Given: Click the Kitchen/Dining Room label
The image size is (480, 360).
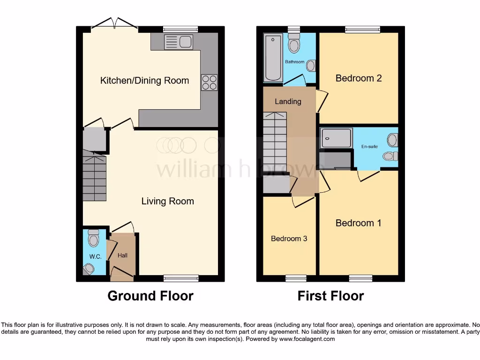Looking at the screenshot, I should click(144, 81).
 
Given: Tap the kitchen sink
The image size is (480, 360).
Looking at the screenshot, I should click(179, 42).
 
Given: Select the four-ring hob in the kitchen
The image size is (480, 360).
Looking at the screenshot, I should click(209, 82).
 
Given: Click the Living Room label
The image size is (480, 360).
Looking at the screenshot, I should click(167, 202).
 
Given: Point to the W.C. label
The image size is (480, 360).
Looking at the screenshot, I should click(95, 257).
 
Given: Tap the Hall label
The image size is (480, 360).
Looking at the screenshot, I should click(122, 255).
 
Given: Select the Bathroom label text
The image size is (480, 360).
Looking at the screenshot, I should click(295, 62).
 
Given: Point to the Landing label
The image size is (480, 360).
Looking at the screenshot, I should click(288, 102).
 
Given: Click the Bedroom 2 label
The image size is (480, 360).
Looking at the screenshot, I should click(359, 78).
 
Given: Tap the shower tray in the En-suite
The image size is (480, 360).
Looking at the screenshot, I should click(336, 138).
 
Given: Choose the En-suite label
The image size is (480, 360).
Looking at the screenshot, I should click(369, 146).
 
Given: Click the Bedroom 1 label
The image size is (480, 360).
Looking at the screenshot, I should click(358, 223).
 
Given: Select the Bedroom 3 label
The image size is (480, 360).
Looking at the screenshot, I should click(289, 239).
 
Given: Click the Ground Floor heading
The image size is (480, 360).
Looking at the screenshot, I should click(150, 296).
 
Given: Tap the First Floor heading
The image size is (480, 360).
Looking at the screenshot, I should click(330, 296).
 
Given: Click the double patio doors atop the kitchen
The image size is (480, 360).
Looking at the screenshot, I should click(114, 25).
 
